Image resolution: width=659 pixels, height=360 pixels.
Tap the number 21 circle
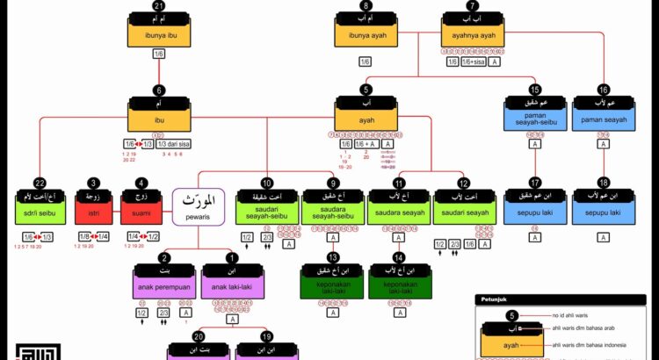click(159, 7)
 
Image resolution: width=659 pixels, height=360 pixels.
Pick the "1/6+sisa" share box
click(472, 61)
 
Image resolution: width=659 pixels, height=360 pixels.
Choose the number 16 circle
click(604, 90)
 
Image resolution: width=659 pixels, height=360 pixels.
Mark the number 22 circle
click(40, 183)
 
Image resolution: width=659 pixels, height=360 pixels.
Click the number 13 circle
click(332, 257)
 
